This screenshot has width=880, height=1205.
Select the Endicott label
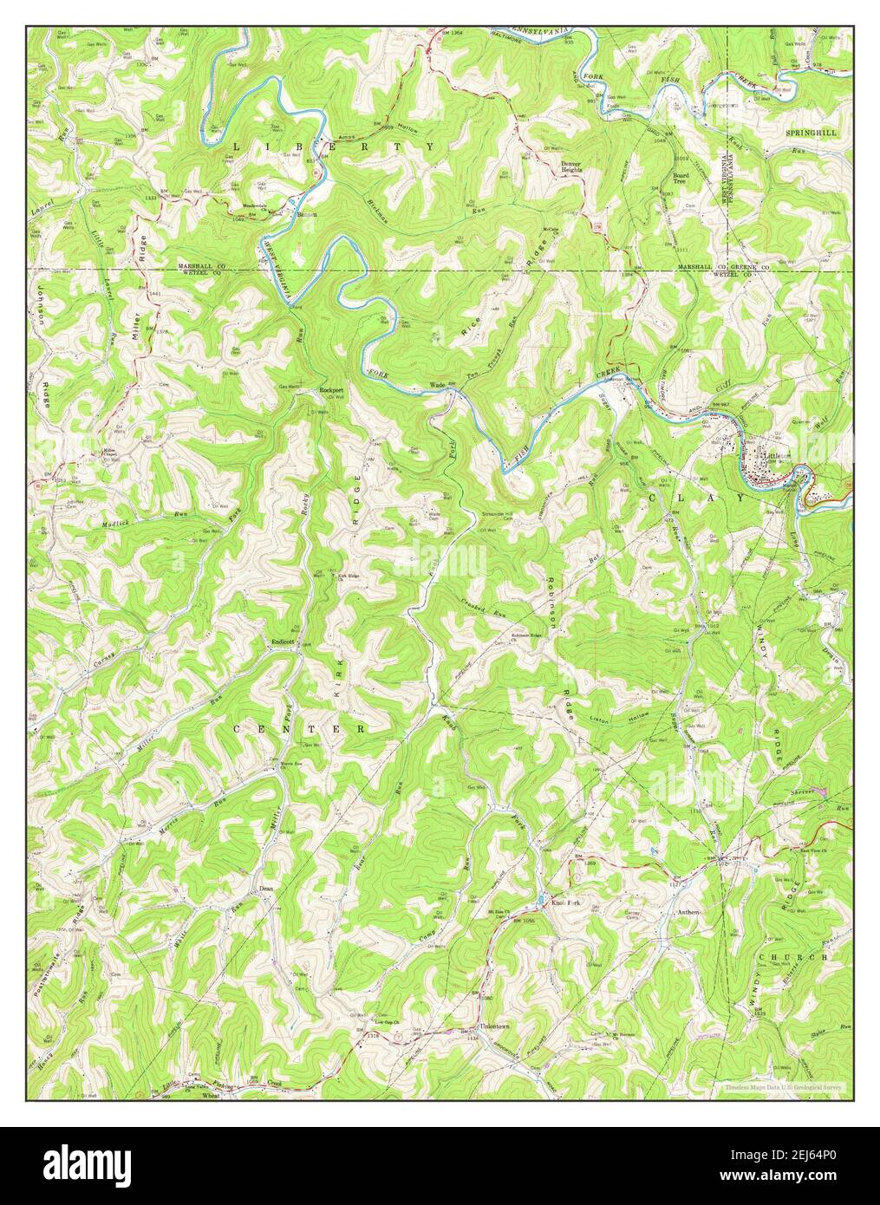pos(284,642)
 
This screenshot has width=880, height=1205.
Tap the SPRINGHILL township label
pos(811,133)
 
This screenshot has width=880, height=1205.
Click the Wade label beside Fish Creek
pos(437,386)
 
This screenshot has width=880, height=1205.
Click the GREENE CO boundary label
pos(742,268)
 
